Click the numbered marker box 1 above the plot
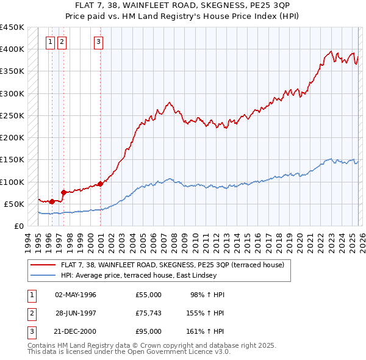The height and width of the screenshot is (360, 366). (51, 42)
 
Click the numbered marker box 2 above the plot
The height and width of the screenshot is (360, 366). (63, 42)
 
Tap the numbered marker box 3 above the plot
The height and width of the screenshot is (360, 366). (99, 42)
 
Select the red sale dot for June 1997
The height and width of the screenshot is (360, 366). (63, 192)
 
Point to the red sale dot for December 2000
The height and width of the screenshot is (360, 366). (100, 184)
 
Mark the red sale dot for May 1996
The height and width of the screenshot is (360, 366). (52, 201)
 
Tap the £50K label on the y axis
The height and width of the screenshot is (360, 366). (15, 204)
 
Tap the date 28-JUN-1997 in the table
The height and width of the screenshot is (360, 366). (76, 313)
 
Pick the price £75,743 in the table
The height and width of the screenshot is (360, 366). (148, 313)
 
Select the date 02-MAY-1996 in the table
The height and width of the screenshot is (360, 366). (76, 295)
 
